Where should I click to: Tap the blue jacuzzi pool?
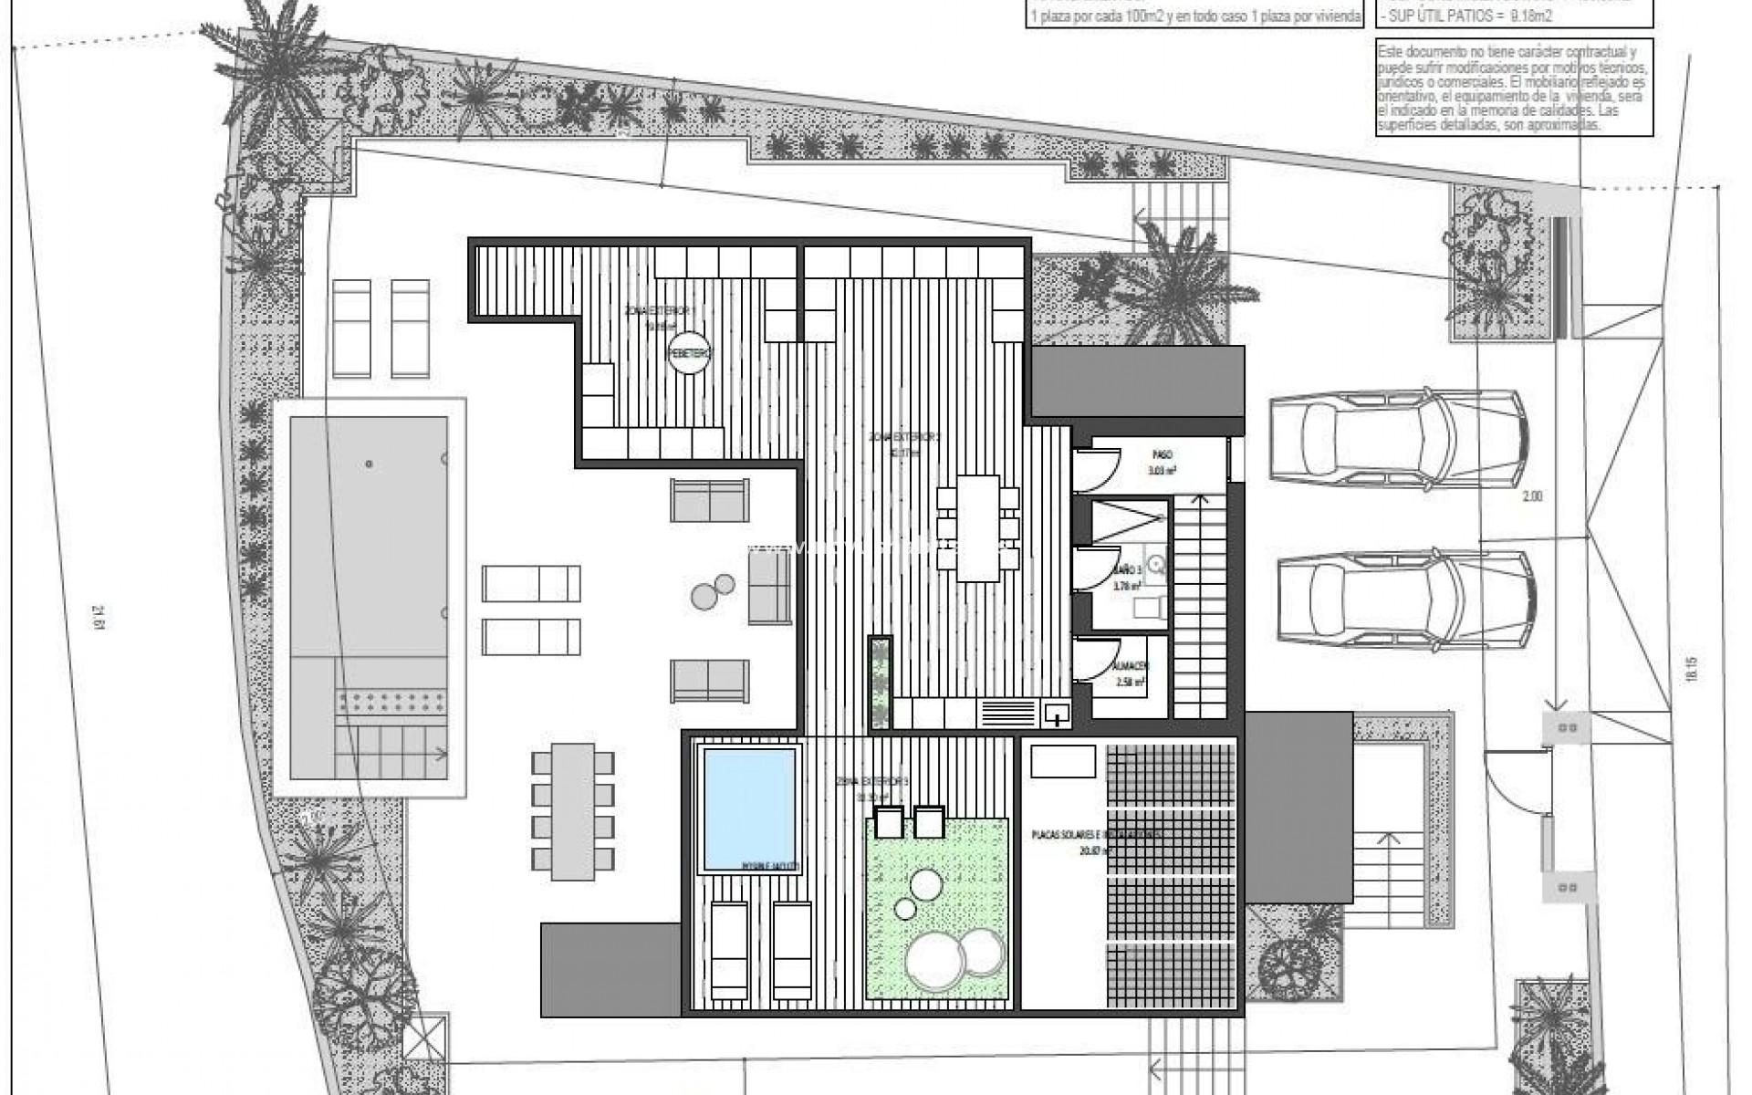748,808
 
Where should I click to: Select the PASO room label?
1162,454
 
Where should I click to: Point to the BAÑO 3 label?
1126,568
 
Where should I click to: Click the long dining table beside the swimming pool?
572,811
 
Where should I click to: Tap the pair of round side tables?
713,591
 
